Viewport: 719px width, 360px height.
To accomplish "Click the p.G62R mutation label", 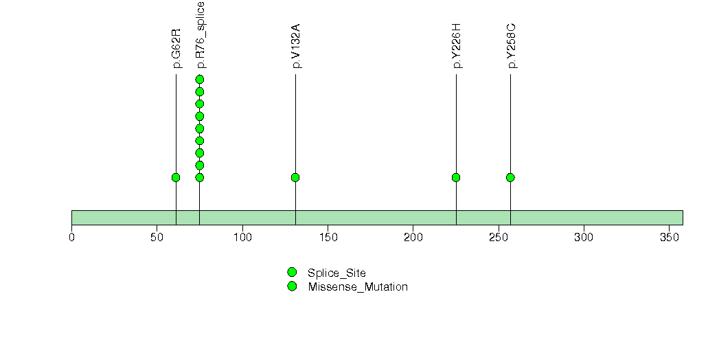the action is pyautogui.click(x=176, y=49).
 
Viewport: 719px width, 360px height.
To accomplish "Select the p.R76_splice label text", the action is pyautogui.click(x=200, y=35).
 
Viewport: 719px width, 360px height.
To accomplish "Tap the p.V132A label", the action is pyautogui.click(x=296, y=46).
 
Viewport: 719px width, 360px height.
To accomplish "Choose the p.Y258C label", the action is pyautogui.click(x=511, y=46).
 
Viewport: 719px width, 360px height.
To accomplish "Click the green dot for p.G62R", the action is pyautogui.click(x=176, y=177).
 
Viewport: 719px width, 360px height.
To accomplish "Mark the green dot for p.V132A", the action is pyautogui.click(x=295, y=177).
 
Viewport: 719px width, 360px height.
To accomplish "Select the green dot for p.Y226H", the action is pyautogui.click(x=456, y=177).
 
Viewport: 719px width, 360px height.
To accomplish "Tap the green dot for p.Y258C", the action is pyautogui.click(x=510, y=177).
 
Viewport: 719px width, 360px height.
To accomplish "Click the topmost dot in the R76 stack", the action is pyautogui.click(x=199, y=80).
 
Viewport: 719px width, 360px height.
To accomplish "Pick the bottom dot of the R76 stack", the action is pyautogui.click(x=199, y=177).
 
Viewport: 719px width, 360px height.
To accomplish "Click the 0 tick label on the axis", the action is pyautogui.click(x=71, y=237).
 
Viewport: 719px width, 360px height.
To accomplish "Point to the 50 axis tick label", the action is pyautogui.click(x=157, y=237).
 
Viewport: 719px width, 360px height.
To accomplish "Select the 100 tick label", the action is pyautogui.click(x=242, y=237).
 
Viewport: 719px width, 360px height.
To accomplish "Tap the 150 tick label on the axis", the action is pyautogui.click(x=328, y=237).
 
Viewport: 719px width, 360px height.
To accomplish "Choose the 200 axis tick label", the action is pyautogui.click(x=413, y=237).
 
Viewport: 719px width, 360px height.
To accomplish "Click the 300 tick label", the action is pyautogui.click(x=584, y=237).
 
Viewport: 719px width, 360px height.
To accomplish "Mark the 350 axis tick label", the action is pyautogui.click(x=669, y=237).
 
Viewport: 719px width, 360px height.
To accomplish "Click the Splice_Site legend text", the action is pyautogui.click(x=336, y=273).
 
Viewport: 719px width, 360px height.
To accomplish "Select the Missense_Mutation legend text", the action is pyautogui.click(x=358, y=287).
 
